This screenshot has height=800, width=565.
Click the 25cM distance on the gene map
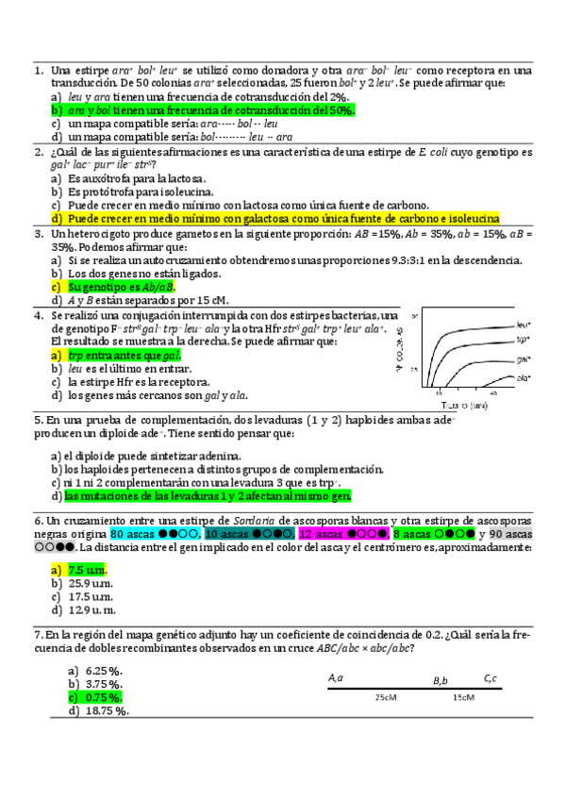pos(385,697)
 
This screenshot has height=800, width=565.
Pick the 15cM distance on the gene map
pos(462,697)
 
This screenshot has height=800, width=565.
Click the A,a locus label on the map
pos(336,677)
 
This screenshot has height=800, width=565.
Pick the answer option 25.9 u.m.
pos(93,583)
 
